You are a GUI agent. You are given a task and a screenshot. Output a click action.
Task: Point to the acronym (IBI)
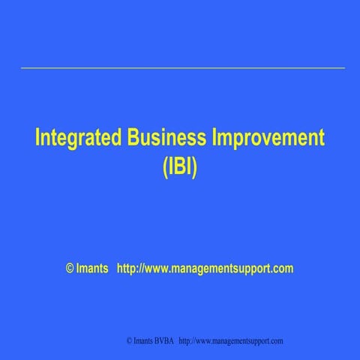click(180, 166)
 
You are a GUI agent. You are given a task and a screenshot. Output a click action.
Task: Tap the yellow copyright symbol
click(70, 268)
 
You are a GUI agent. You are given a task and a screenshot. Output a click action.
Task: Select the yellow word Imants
click(92, 268)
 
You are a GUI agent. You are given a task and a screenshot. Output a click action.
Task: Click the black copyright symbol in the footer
click(129, 341)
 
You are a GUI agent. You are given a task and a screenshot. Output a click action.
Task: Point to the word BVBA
click(165, 341)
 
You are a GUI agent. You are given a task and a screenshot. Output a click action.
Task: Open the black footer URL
click(231, 341)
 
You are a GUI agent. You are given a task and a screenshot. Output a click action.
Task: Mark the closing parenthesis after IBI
click(194, 167)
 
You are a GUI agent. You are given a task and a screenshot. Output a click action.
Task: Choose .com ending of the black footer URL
click(275, 341)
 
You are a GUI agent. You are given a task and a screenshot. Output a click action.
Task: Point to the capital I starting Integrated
click(38, 139)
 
